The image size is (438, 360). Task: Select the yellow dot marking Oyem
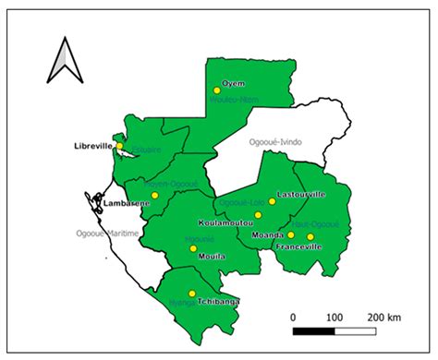pos(217,90)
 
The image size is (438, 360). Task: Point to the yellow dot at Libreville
pos(120,146)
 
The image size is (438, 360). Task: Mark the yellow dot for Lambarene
pos(155,195)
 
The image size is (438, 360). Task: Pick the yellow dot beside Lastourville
pos(272,200)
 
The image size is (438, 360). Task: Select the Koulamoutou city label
pos(225,224)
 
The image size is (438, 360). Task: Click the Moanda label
pos(266,235)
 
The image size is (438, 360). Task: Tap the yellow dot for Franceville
pos(310,236)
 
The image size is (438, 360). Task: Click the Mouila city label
pos(213,257)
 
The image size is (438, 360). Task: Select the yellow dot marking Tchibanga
pos(191,294)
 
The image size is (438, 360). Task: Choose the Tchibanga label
pos(215,301)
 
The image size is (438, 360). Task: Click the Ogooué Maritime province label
pos(106,234)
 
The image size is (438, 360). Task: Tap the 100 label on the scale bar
pos(335,317)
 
